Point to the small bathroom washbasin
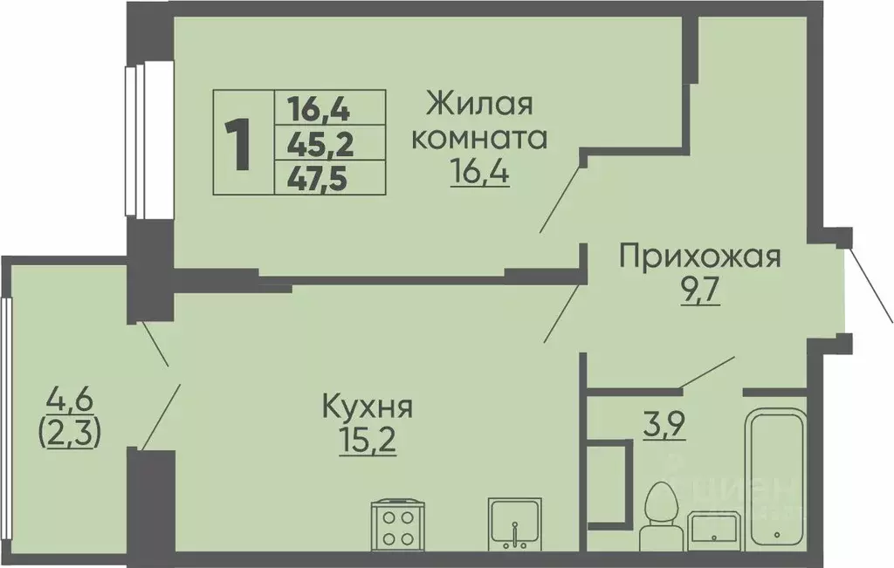pyautogui.click(x=715, y=529)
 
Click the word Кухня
pyautogui.click(x=367, y=407)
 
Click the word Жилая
pyautogui.click(x=479, y=106)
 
